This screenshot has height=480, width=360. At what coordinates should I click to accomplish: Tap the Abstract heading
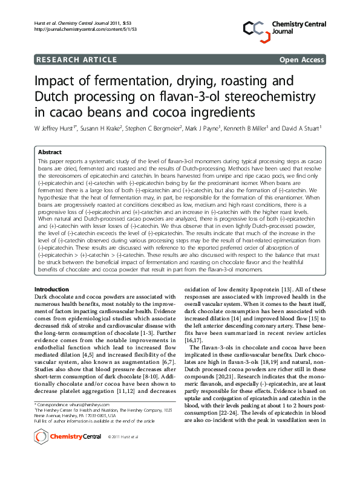(x=50, y=152)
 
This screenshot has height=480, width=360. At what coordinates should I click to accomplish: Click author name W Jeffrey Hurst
(x=57, y=128)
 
